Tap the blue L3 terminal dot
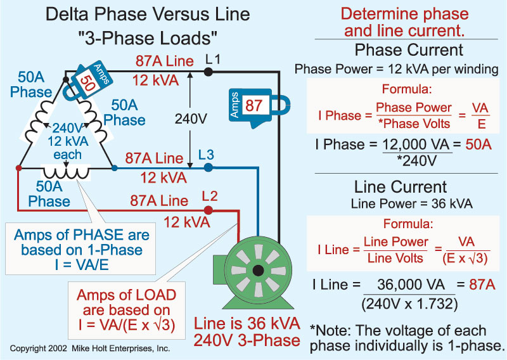coord(209,168)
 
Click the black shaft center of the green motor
coord(257,271)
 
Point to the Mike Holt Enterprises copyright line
coord(90,349)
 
